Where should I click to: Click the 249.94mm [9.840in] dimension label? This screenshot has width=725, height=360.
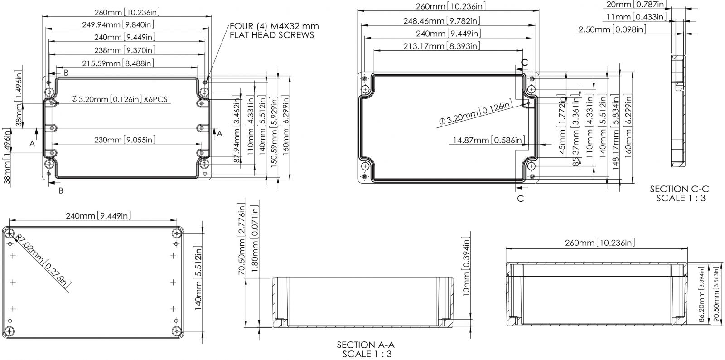click(x=118, y=24)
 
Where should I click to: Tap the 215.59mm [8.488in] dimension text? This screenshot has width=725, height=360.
click(x=118, y=63)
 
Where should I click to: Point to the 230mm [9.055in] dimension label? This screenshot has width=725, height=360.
click(x=125, y=140)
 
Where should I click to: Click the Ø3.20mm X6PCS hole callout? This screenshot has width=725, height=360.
click(x=120, y=99)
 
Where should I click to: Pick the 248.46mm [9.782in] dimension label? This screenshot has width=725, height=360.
click(x=442, y=21)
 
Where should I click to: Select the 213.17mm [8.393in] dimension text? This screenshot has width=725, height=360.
click(x=442, y=46)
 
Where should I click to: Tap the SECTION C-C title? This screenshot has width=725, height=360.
click(x=680, y=193)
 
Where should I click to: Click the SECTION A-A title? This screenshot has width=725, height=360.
click(x=366, y=349)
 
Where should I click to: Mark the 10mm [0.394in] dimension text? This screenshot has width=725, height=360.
click(x=466, y=267)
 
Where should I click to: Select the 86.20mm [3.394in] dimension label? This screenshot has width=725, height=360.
click(x=701, y=295)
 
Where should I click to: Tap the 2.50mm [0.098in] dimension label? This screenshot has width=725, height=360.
click(x=612, y=29)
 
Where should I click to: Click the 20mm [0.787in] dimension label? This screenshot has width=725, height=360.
click(x=636, y=4)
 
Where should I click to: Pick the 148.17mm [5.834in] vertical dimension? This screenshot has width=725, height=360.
click(x=615, y=132)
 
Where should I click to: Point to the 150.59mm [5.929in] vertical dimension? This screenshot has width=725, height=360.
click(x=274, y=132)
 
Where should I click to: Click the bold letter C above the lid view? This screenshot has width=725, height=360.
click(x=524, y=62)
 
